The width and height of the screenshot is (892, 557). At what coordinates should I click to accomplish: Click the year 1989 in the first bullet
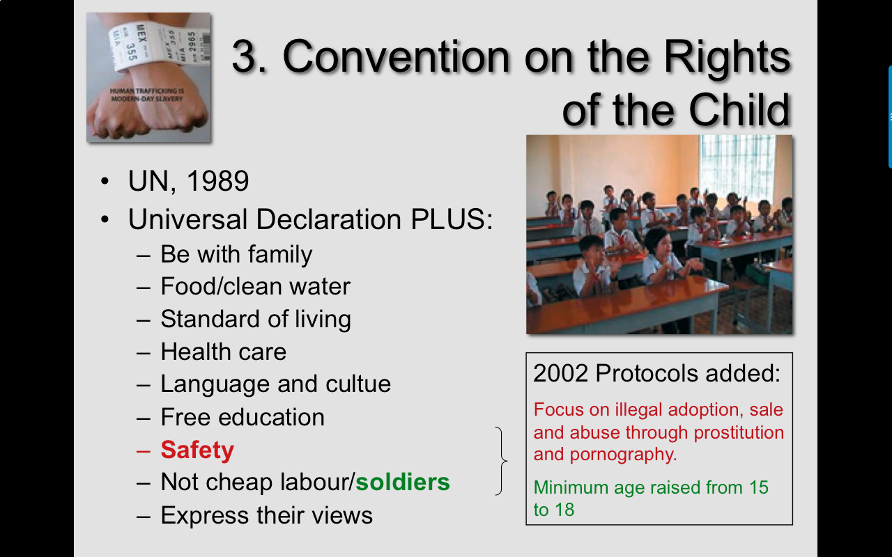217,181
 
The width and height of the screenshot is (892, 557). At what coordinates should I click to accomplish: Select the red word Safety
197,450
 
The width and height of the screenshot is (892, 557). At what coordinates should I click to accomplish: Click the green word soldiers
403,483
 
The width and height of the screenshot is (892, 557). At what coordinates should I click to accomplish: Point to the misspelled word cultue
358,384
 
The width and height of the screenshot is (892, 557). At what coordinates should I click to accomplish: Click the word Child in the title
739,110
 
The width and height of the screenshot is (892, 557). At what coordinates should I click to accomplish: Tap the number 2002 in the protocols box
561,373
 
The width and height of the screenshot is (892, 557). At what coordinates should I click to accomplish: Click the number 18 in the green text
564,510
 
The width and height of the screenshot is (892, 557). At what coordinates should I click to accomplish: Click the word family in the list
280,255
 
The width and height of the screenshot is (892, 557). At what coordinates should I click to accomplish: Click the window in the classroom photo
737,167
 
